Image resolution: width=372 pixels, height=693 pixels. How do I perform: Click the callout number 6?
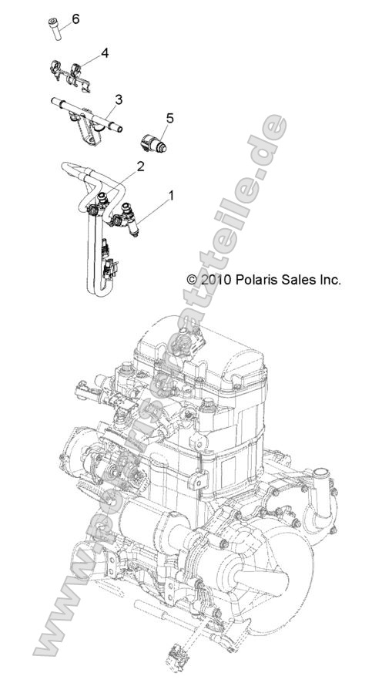click(x=75, y=17)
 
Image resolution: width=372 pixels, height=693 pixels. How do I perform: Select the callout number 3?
click(x=118, y=99)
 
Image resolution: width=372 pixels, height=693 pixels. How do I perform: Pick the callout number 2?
click(x=140, y=166)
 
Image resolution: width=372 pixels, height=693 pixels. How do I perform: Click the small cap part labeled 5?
click(x=152, y=143)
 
